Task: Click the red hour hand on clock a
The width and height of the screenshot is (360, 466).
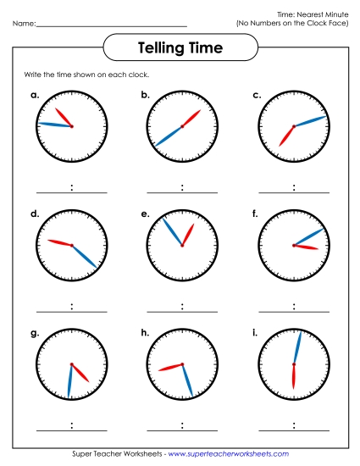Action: [64, 117]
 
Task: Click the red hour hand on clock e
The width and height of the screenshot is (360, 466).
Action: [188, 234]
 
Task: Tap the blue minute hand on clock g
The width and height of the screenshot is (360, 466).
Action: [70, 381]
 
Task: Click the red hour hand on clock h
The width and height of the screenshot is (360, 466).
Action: [171, 367]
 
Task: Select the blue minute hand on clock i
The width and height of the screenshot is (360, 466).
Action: [296, 347]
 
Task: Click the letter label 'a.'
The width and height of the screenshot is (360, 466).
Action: [35, 95]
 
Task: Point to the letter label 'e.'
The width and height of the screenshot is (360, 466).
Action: [146, 214]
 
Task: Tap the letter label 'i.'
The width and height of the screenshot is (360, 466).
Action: [255, 333]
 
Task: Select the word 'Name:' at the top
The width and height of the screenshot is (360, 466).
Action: [24, 24]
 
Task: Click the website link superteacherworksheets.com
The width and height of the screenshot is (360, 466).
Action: [229, 455]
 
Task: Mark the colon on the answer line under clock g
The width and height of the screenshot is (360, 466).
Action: [72, 425]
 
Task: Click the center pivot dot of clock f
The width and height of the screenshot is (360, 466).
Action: [293, 246]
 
